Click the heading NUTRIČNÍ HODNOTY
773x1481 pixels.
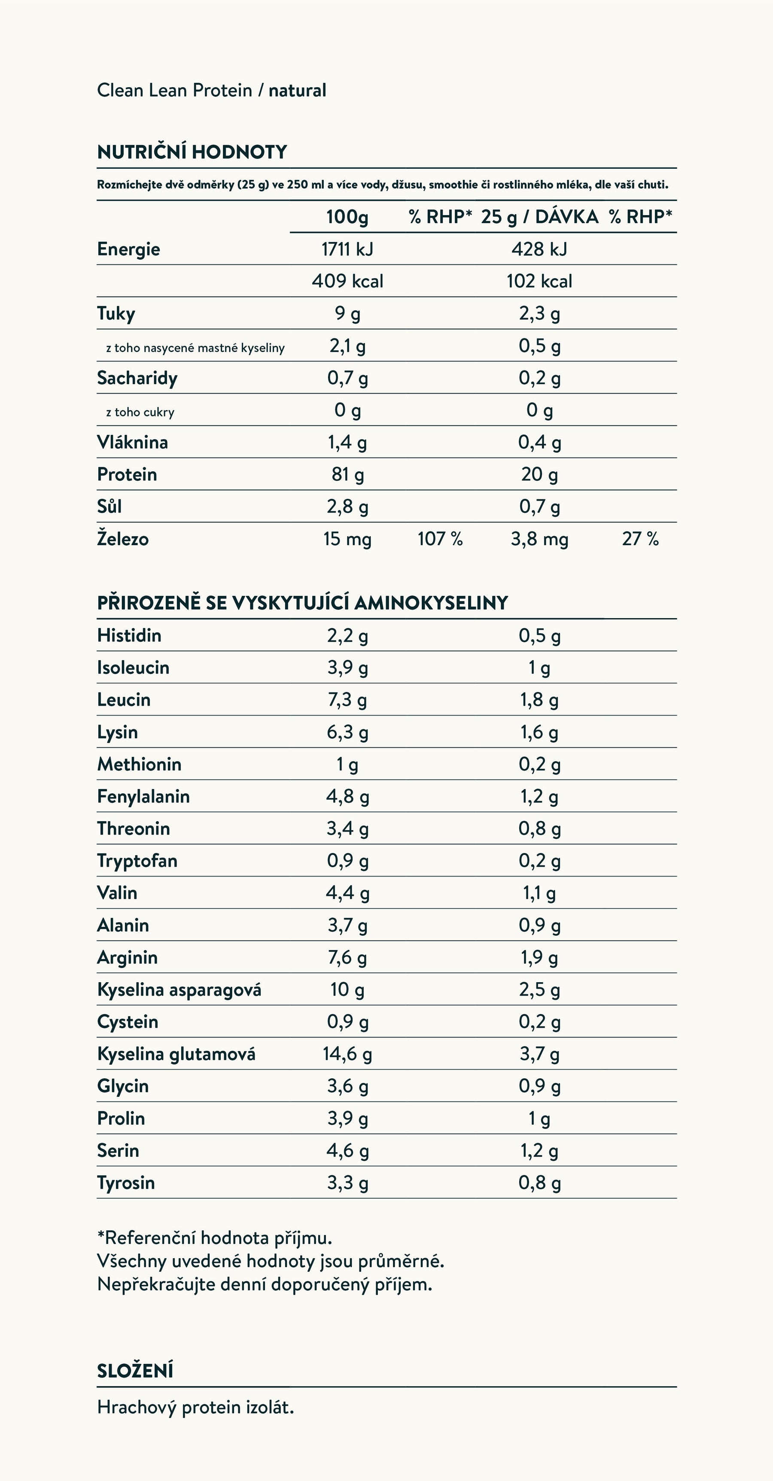(x=192, y=152)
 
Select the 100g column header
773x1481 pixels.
(x=347, y=217)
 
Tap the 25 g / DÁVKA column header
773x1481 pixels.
(x=539, y=217)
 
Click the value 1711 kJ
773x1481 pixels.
(x=347, y=249)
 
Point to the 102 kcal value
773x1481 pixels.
(x=539, y=281)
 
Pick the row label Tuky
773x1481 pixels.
(x=116, y=313)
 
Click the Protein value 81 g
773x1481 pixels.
(x=347, y=474)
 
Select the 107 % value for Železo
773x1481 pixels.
(x=440, y=539)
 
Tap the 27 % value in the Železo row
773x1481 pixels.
(x=639, y=539)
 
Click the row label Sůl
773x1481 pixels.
(x=109, y=507)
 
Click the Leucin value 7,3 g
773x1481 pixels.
(x=347, y=700)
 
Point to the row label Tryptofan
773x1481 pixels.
(x=137, y=861)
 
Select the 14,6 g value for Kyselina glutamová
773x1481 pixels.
(x=347, y=1054)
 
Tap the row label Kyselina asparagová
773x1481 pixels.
(x=179, y=989)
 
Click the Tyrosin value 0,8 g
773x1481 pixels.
(x=539, y=1183)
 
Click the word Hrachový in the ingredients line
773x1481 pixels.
(x=136, y=1408)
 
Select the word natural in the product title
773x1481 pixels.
(x=297, y=90)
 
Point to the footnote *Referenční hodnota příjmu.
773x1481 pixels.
(x=215, y=1237)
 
